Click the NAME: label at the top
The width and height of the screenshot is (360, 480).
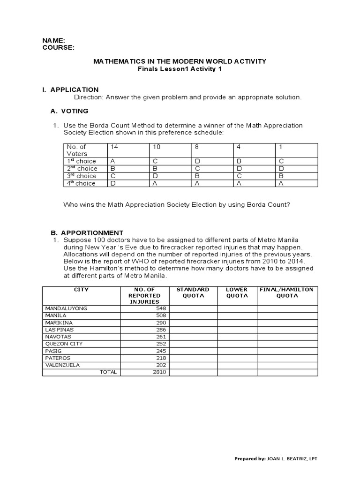[53, 41]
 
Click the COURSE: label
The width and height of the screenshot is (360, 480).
[58, 47]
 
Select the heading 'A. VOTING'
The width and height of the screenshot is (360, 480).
[69, 111]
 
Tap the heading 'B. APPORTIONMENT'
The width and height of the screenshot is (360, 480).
[87, 232]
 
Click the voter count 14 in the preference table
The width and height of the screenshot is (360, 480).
[113, 147]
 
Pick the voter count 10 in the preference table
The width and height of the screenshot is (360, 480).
[156, 147]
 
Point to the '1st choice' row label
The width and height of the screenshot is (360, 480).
[82, 161]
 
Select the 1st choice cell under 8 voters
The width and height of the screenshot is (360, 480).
[197, 161]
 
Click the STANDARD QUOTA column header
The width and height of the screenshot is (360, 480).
[193, 293]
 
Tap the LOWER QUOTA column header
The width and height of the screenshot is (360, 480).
[237, 293]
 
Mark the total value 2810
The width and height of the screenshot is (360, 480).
[160, 372]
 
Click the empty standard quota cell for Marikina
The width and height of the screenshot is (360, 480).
[193, 322]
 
